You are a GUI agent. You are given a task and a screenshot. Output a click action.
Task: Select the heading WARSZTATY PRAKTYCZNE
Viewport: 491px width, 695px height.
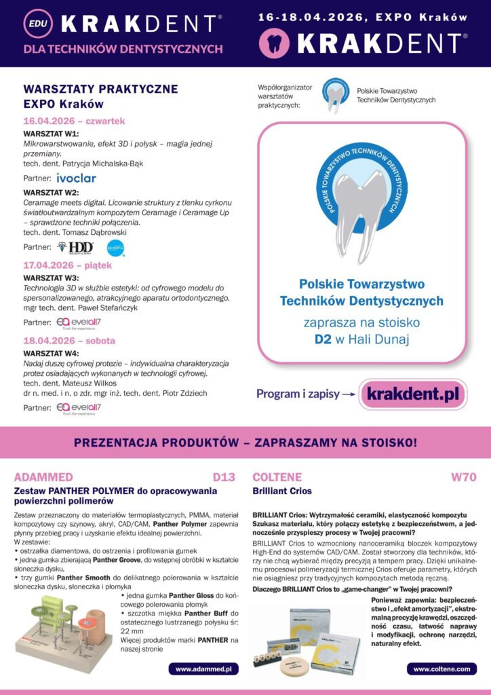pos(100,89)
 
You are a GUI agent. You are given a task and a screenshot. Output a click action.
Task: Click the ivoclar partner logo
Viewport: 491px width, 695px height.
pos(77,178)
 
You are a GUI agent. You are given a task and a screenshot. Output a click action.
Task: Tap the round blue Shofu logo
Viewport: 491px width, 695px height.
pos(116,248)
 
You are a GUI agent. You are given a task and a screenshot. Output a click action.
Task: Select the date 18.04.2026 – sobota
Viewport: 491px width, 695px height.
pos(69,341)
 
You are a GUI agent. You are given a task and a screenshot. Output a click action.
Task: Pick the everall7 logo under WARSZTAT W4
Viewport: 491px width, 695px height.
pos(79,408)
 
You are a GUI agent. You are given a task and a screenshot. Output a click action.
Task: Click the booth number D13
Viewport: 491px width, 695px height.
pos(224,477)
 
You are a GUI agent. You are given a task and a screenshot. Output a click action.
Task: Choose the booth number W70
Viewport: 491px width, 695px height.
pos(464,477)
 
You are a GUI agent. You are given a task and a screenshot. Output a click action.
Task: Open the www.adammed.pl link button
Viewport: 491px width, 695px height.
pos(203,669)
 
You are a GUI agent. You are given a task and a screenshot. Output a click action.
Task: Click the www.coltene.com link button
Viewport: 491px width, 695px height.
pos(441,669)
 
